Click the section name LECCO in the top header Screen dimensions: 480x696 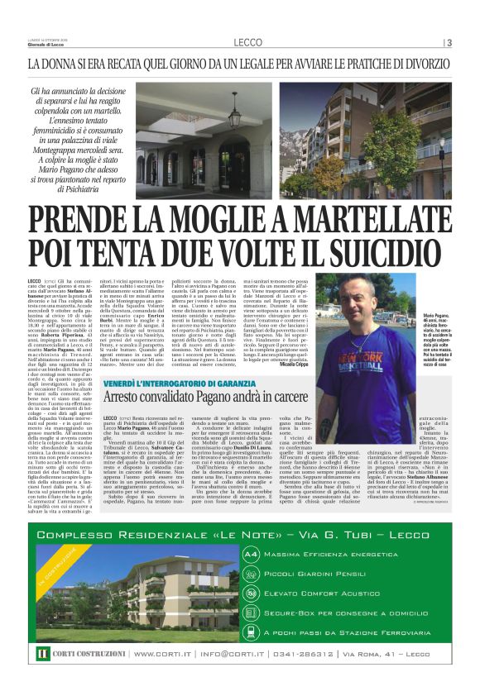point(247,42)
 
